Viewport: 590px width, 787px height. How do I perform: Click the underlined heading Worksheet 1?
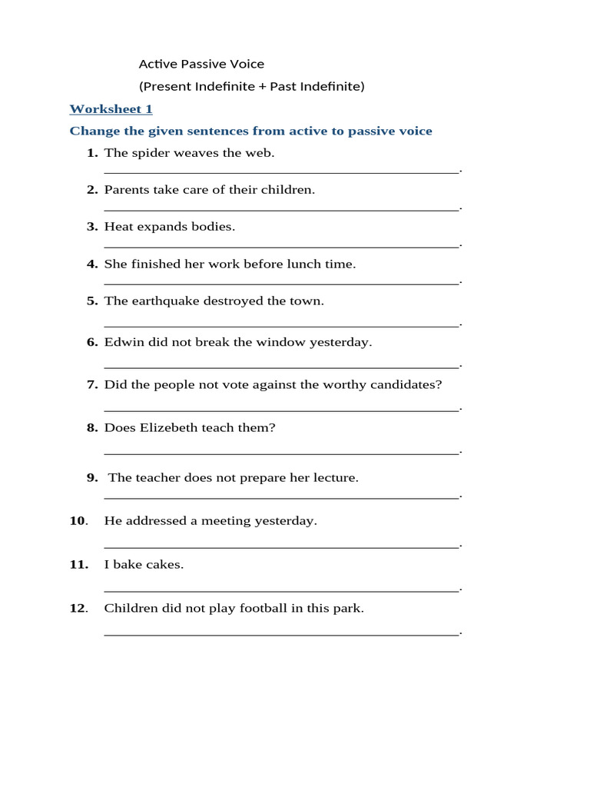(111, 109)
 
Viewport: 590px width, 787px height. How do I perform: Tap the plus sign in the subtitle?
(262, 86)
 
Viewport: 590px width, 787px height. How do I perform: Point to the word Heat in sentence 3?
(118, 226)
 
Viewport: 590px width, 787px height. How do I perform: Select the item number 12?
(78, 608)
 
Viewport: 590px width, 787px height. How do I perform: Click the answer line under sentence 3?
(280, 246)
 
